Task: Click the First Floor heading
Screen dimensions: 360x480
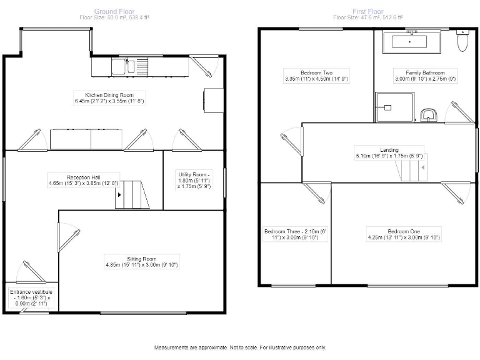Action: [x=368, y=11]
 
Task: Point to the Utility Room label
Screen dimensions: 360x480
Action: [x=194, y=179]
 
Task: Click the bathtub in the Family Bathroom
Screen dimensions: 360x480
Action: [x=409, y=42]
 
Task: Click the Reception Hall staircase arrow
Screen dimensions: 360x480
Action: [x=119, y=194]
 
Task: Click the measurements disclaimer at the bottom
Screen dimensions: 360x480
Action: [x=240, y=347]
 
